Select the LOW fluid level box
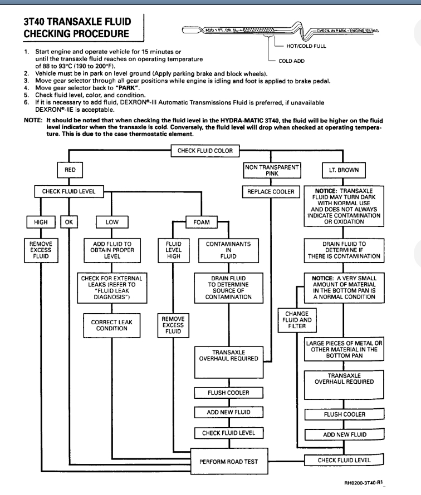(112, 222)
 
